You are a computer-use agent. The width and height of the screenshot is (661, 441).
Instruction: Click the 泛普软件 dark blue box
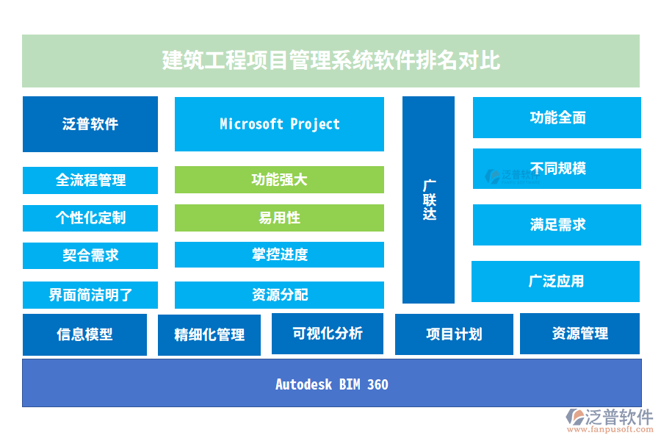click(90, 124)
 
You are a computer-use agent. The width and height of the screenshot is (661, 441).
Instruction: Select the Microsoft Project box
click(279, 124)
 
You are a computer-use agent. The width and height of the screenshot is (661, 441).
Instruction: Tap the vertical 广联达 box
click(428, 200)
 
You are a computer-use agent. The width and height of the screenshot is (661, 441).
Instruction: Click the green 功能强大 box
click(279, 180)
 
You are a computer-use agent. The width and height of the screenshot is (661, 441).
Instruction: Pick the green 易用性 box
click(279, 218)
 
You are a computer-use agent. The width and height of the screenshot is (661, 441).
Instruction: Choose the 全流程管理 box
click(90, 180)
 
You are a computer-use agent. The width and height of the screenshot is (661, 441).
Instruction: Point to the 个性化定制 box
click(90, 218)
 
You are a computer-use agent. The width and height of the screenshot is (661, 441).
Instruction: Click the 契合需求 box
click(90, 256)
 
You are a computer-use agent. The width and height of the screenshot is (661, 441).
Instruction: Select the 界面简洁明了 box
click(90, 295)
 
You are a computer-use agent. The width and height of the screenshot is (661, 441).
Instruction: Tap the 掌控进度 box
click(279, 254)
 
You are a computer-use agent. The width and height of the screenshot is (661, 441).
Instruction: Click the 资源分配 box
click(279, 295)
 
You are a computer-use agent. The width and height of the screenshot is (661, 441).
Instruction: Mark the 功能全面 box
click(557, 118)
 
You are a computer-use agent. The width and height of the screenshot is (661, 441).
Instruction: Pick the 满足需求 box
click(557, 225)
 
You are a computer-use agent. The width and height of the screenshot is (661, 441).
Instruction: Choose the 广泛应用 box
click(556, 282)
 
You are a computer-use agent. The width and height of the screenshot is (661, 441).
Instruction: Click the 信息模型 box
click(84, 334)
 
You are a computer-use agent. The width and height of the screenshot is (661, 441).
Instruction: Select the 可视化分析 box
click(328, 334)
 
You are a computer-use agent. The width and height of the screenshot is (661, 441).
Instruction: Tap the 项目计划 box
click(454, 334)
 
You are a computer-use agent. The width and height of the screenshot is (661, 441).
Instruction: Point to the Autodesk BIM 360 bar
click(332, 383)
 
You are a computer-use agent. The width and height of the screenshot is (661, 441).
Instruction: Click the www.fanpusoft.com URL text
click(610, 429)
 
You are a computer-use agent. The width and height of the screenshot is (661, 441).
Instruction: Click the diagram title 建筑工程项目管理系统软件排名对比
click(331, 60)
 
